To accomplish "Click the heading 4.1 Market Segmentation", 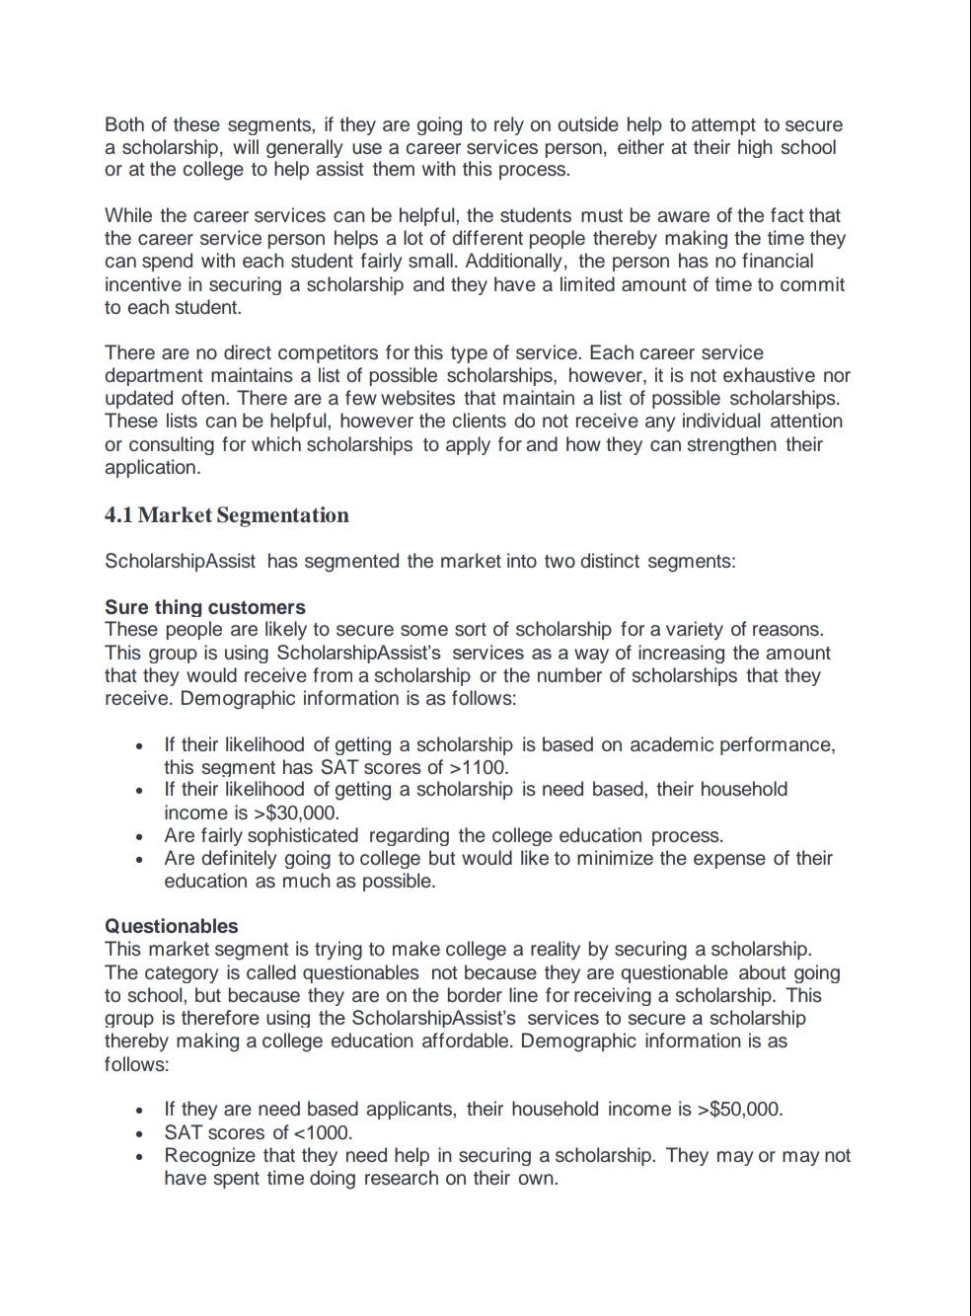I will point(226,515).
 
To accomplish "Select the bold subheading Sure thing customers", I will point(204,607).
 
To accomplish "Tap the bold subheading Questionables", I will point(172,926).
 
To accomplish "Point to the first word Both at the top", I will point(123,124).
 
